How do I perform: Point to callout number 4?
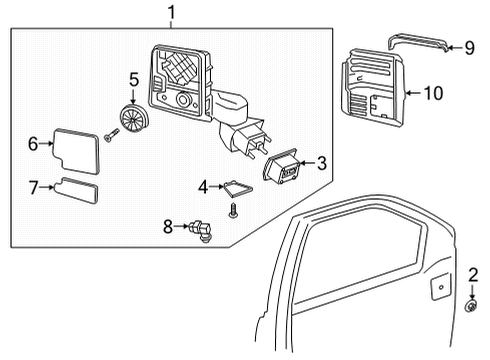[x=203, y=185]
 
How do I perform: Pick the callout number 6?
[x=33, y=144]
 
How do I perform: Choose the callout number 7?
[x=34, y=187]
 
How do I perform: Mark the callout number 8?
[x=168, y=226]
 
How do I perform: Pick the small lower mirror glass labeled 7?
[x=78, y=191]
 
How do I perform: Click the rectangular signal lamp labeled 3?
[x=282, y=171]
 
